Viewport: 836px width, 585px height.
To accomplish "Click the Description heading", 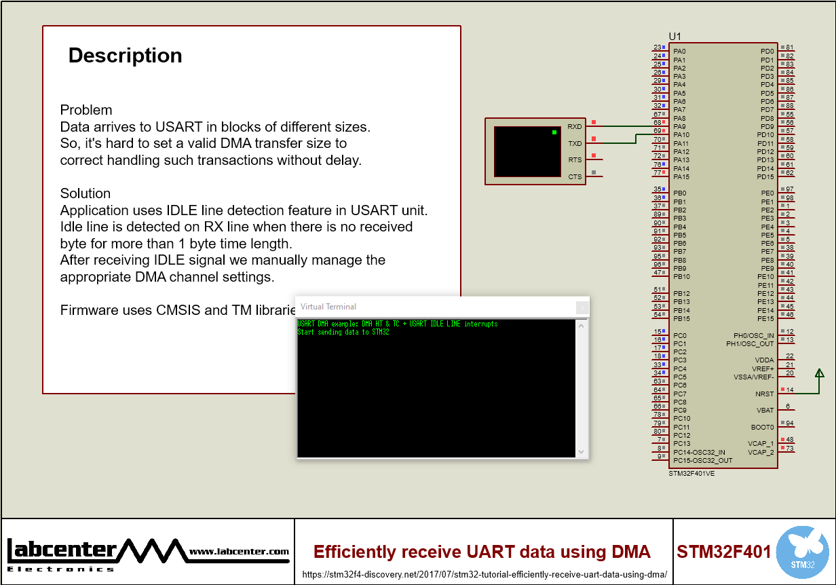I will click(125, 56).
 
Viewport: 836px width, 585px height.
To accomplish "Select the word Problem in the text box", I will click(86, 110).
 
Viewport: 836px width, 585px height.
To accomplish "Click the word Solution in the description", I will click(85, 193).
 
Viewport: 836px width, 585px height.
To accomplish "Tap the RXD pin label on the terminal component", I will click(575, 127).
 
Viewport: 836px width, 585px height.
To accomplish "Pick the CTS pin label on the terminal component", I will click(575, 176).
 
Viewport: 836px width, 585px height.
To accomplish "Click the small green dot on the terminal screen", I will click(554, 132).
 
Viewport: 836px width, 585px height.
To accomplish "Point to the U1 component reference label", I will click(674, 36).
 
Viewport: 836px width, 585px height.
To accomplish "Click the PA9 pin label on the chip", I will click(679, 126).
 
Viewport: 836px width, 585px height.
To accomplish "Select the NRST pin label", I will click(765, 394).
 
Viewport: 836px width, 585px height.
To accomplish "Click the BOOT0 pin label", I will click(763, 427).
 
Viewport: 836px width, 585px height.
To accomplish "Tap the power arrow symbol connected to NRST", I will click(819, 373).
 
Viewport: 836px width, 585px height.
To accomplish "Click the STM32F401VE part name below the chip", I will click(691, 473).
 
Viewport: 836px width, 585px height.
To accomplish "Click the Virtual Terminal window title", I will click(328, 307).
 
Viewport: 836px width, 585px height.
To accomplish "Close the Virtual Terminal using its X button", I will click(582, 307).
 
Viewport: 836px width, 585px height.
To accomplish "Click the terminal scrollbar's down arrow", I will click(582, 451).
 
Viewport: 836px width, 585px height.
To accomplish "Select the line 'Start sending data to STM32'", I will click(343, 332).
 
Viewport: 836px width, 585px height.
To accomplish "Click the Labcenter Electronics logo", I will click(148, 552).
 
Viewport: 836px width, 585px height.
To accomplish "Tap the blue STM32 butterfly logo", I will click(802, 552).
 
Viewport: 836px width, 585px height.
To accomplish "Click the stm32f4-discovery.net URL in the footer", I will click(484, 575).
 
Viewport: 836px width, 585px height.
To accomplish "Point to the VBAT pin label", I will click(765, 410).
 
